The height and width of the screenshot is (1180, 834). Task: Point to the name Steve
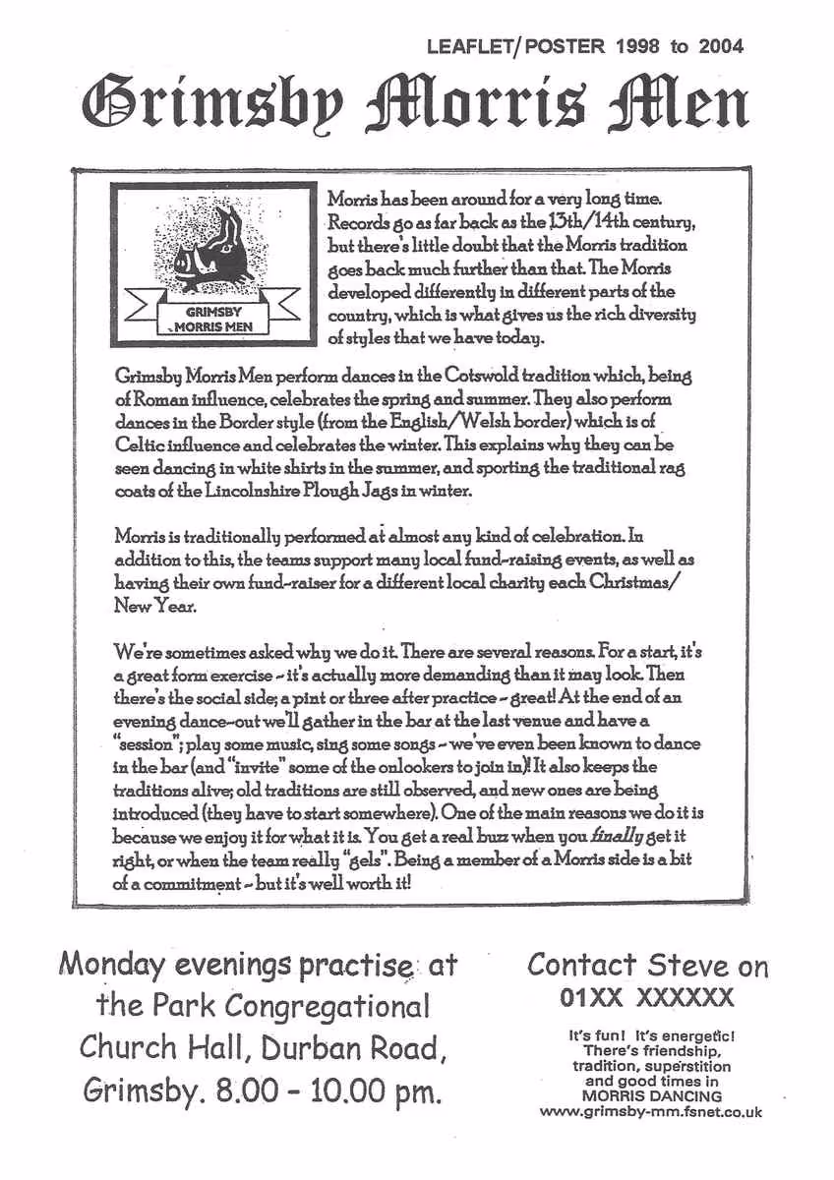(x=683, y=967)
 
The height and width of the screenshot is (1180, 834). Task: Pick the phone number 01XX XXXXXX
(x=647, y=1000)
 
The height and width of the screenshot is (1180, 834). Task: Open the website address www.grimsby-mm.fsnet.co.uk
(x=650, y=1113)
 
